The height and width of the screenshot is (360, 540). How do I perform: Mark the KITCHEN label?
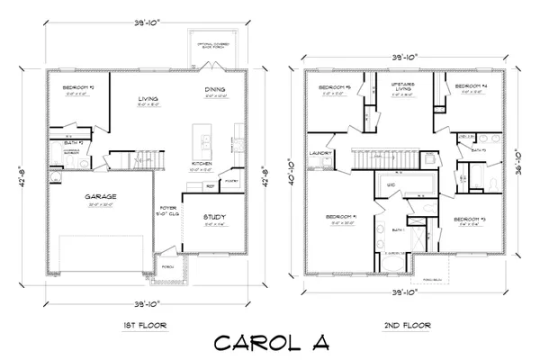pos(202,164)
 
